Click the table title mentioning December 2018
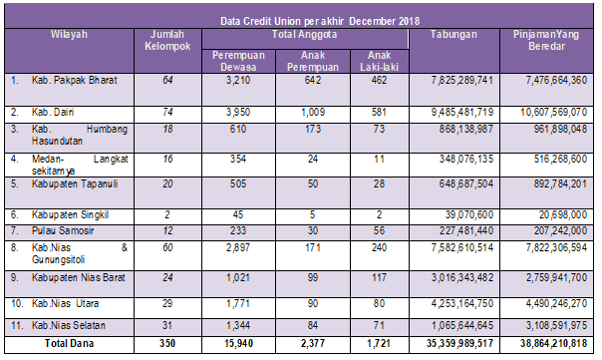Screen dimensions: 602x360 pos(320,21)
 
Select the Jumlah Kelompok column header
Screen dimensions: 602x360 pos(167,40)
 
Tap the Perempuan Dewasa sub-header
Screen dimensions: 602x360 pos(238,61)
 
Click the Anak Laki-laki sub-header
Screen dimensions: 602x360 pos(379,61)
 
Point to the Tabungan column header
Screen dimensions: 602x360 pos(453,34)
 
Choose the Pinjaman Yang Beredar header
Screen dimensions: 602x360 pos(546,40)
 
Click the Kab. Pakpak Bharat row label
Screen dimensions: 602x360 pos(75,80)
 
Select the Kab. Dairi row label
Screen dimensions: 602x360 pos(53,112)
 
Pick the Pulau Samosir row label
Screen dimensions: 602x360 pos(63,230)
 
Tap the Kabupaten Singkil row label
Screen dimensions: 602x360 pos(70,214)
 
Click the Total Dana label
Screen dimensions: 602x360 pos(69,343)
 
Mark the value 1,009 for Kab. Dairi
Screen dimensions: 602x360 pos(313,112)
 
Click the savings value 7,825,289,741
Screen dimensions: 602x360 pos(461,80)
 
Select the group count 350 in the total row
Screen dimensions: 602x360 pos(167,343)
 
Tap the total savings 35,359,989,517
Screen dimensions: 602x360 pos(459,343)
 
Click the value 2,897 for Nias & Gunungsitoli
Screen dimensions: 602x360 pos(238,247)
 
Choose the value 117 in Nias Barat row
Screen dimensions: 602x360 pos(379,277)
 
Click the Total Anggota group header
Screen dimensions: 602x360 pos(304,34)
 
